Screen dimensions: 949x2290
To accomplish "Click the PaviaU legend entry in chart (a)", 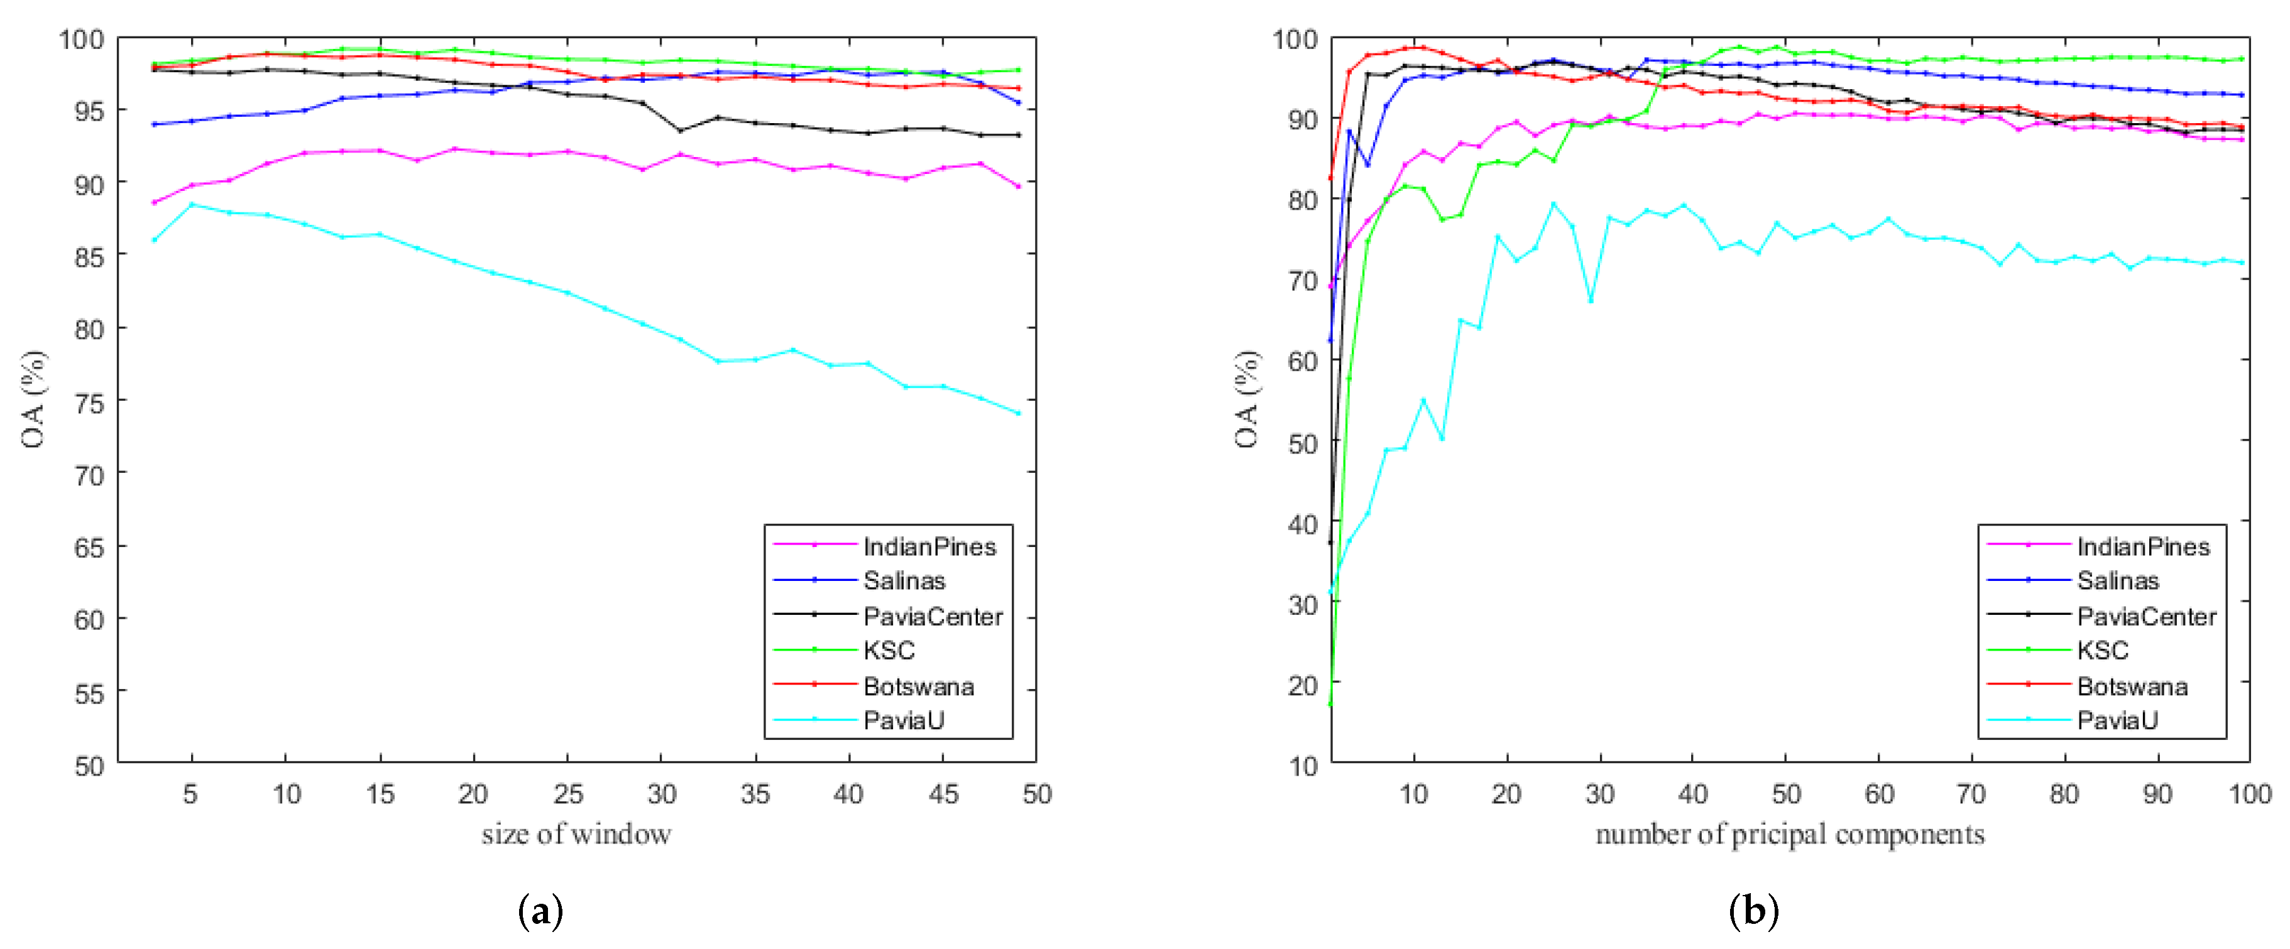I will coord(903,720).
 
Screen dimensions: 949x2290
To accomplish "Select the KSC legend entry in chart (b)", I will coord(2103,651).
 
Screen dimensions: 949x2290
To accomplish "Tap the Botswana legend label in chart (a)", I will coord(918,686).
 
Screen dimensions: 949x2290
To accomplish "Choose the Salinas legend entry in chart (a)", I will coord(904,581).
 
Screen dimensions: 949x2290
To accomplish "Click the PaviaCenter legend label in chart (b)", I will coord(2146,615).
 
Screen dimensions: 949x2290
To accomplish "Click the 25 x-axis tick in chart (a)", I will coord(568,793).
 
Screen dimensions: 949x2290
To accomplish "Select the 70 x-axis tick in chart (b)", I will coord(1971,793).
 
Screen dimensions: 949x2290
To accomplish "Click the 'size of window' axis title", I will coord(576,834).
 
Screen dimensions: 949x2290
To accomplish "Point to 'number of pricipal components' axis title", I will coord(1790,834).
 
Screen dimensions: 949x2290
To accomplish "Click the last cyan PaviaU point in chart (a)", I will coord(1018,413).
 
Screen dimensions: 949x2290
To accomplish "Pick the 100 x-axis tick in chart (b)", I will coord(2250,793).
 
